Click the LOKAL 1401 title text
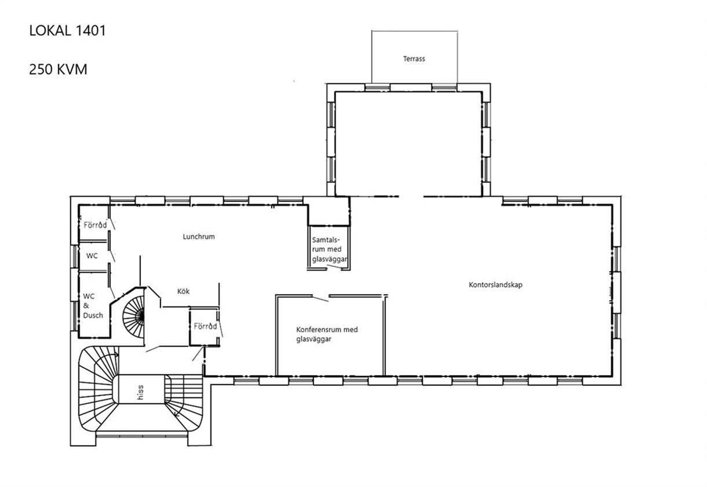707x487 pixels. pos(67,31)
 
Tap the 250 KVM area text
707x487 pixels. pos(58,69)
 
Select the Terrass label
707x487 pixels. pos(414,58)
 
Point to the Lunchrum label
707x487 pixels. pos(199,237)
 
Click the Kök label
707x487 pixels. pos(183,291)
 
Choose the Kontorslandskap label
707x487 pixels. pos(495,285)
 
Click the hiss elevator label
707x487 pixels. pos(140,393)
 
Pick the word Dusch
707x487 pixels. pos(93,315)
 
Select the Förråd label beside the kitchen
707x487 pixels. pos(206,326)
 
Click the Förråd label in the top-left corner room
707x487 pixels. pos(95,225)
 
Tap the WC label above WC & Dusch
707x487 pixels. pos(92,256)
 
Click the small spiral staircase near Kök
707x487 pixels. pos(133,316)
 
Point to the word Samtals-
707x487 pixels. pos(326,240)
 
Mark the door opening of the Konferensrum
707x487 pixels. pos(320,298)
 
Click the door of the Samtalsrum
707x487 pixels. pos(334,267)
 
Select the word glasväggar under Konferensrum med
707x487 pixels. pos(314,339)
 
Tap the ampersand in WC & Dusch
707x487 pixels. pos(86,305)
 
